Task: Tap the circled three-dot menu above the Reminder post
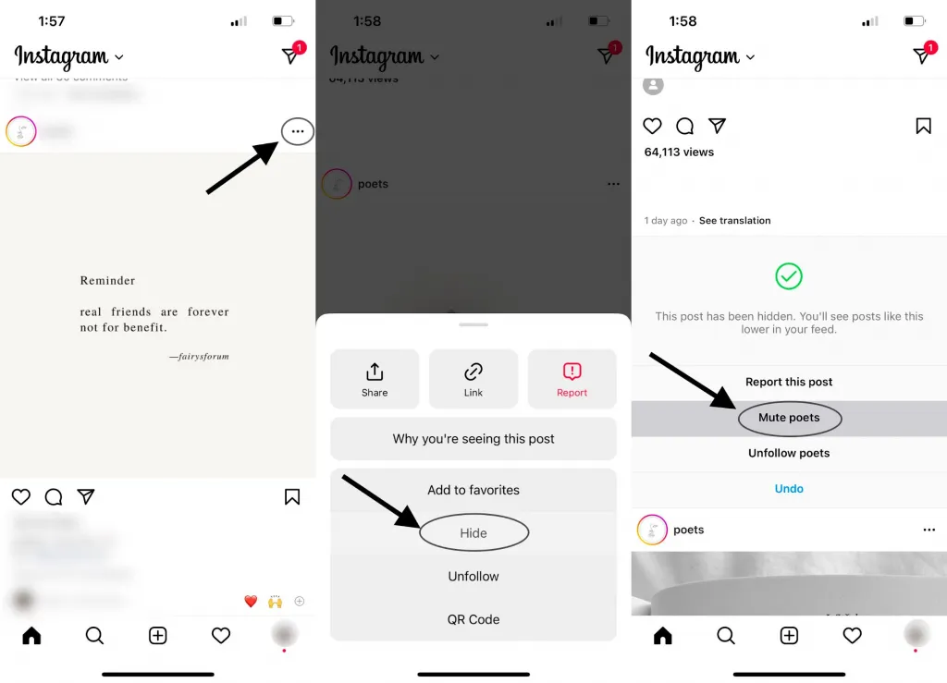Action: click(297, 132)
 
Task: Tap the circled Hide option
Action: click(473, 533)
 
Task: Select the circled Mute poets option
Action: click(789, 418)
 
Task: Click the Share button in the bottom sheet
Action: click(375, 379)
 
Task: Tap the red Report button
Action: click(572, 379)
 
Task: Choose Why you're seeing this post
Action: click(473, 439)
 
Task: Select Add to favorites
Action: click(473, 490)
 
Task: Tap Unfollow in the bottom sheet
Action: click(473, 577)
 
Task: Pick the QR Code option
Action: click(473, 619)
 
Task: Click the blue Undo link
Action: click(789, 489)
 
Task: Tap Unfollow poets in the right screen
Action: click(789, 453)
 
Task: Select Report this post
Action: click(789, 382)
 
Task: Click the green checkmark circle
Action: click(789, 276)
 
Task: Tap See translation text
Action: click(734, 221)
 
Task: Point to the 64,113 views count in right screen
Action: click(679, 152)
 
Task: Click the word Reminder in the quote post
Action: click(107, 281)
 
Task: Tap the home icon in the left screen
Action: click(31, 636)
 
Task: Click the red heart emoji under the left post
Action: click(251, 602)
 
